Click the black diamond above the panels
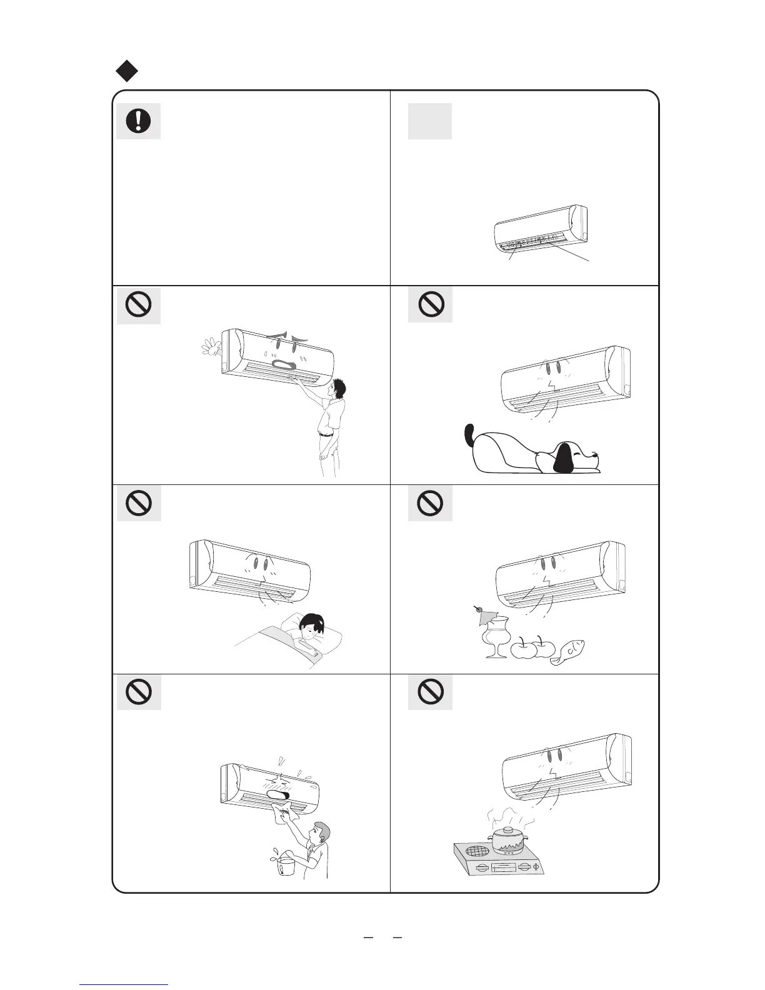click(127, 71)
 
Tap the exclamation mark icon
click(138, 121)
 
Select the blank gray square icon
click(429, 121)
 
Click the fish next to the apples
click(571, 654)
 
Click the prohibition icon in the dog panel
click(431, 304)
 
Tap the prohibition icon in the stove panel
click(431, 691)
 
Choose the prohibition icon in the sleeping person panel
click(138, 502)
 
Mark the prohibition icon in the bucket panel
click(138, 691)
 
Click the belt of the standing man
click(326, 434)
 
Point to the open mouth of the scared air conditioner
click(285, 366)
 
